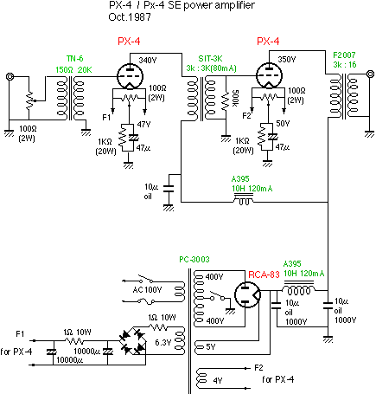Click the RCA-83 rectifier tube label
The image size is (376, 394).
tap(264, 275)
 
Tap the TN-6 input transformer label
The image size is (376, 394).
tap(75, 59)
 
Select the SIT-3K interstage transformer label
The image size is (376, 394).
tap(210, 59)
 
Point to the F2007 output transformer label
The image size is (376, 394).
tap(344, 55)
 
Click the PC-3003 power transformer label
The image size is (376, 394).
tap(194, 260)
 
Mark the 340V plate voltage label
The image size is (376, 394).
tap(148, 61)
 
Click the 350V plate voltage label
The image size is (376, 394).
tap(287, 60)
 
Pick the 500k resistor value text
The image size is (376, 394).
tap(235, 97)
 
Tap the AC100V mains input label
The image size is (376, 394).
tap(147, 289)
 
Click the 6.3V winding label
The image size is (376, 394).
tap(163, 343)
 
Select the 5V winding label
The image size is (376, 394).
tap(211, 346)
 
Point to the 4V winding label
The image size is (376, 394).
tap(218, 381)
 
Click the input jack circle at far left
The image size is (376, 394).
tap(10, 77)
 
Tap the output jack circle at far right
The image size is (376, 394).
tap(371, 74)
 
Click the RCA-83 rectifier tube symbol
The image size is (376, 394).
tap(248, 294)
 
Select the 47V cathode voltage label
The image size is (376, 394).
tap(143, 125)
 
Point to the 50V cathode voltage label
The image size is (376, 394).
tap(283, 124)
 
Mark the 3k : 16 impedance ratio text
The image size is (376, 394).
tap(345, 65)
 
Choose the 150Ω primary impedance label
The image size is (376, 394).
tap(64, 70)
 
